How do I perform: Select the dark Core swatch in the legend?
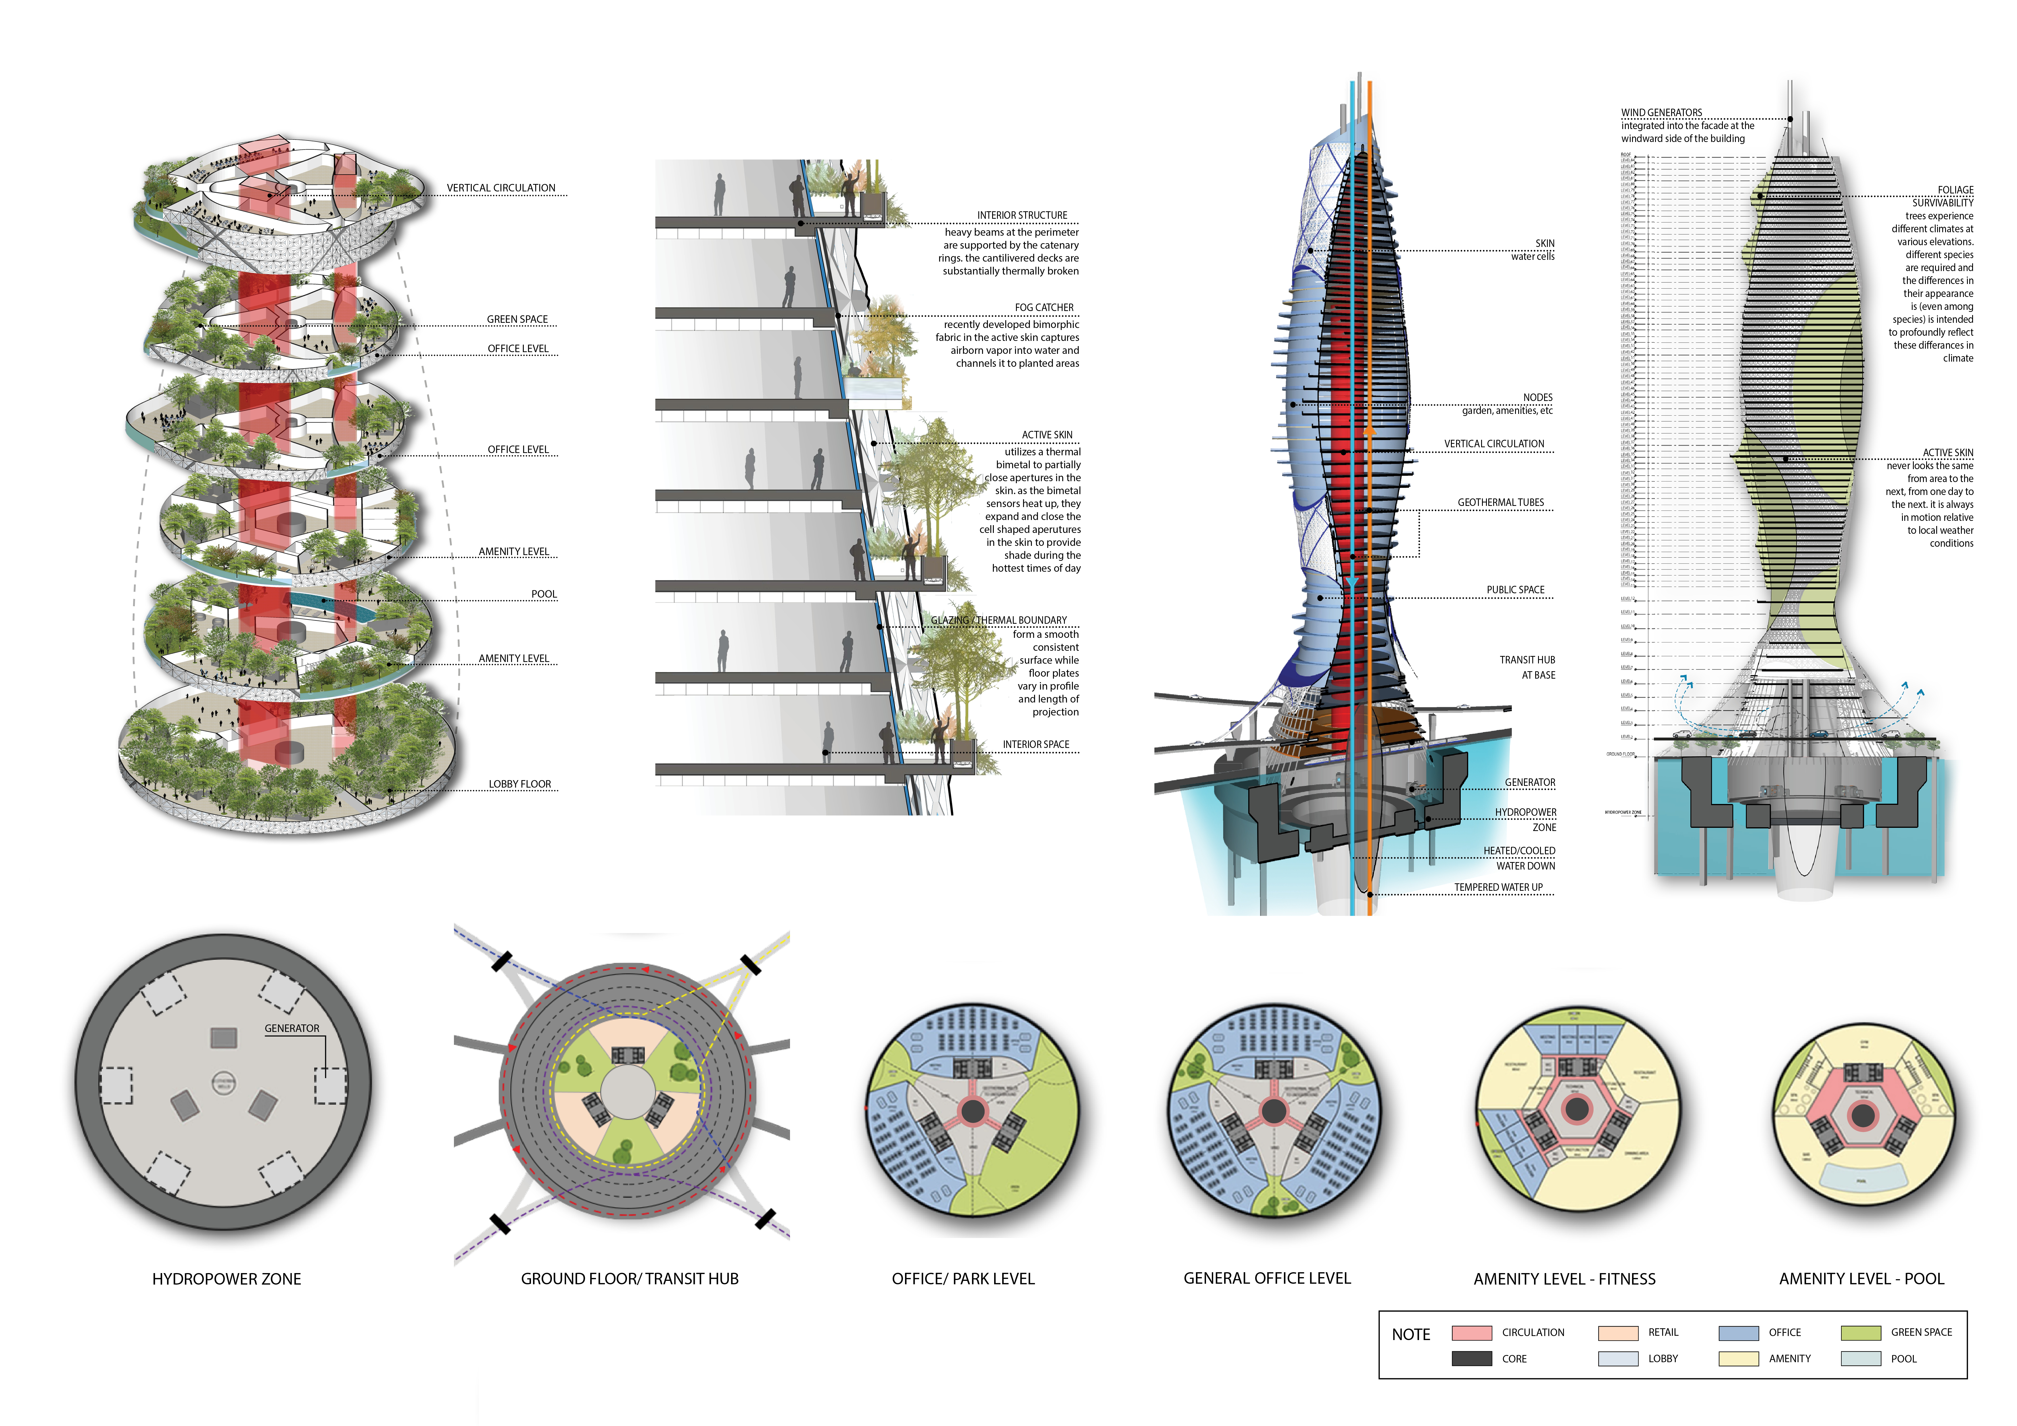pyautogui.click(x=1471, y=1358)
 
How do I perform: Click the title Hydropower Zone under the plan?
pyautogui.click(x=227, y=1279)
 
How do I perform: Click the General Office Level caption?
pyautogui.click(x=1267, y=1278)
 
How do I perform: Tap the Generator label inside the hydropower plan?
pyautogui.click(x=292, y=1028)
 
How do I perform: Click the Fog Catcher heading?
pyautogui.click(x=1044, y=308)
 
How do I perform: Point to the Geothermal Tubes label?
pyautogui.click(x=1500, y=502)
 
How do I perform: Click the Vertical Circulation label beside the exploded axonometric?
pyautogui.click(x=501, y=188)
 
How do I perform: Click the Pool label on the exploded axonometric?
pyautogui.click(x=544, y=594)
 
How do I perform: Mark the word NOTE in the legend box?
pyautogui.click(x=1411, y=1335)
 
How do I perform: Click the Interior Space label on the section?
pyautogui.click(x=1036, y=744)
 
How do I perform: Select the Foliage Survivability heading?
pyautogui.click(x=1942, y=196)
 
